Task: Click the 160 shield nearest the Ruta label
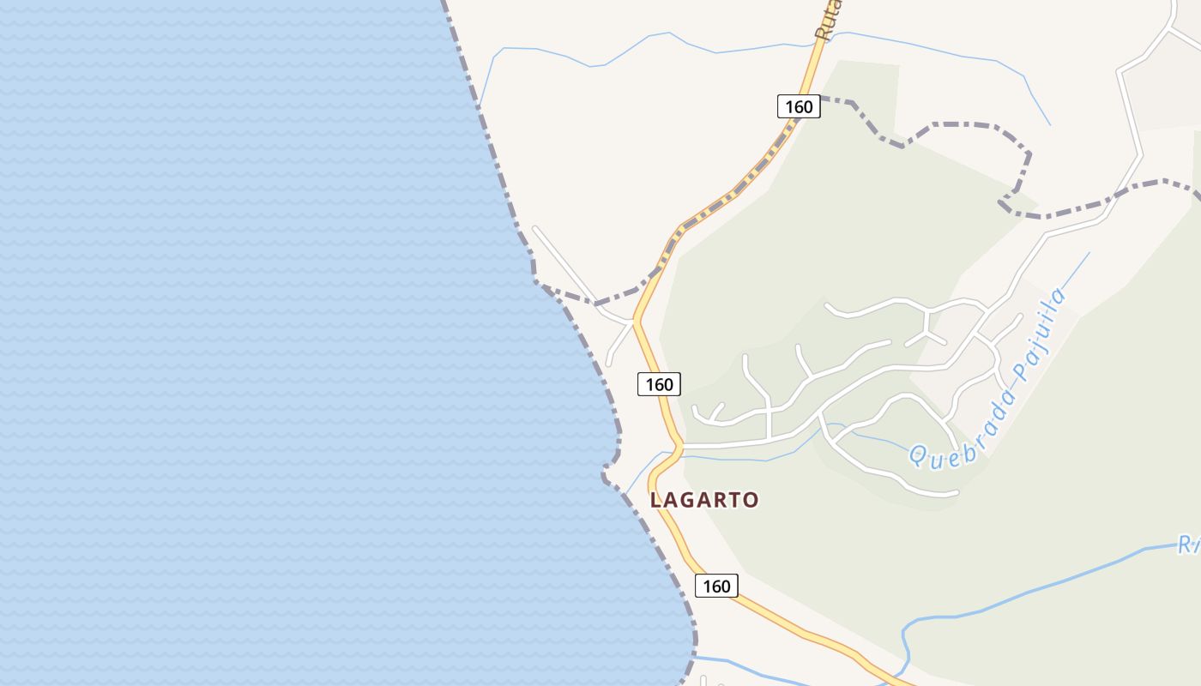tap(799, 106)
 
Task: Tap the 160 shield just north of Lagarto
tap(659, 384)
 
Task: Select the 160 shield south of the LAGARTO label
tap(716, 586)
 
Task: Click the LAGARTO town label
tap(704, 500)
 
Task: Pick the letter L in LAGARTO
tap(656, 500)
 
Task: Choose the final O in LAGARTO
tap(751, 500)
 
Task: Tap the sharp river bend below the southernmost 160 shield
tap(904, 635)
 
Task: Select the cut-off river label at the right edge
tap(1189, 544)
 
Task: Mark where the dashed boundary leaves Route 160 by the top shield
tap(820, 99)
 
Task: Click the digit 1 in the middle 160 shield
tap(648, 384)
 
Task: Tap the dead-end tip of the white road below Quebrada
tap(956, 493)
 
